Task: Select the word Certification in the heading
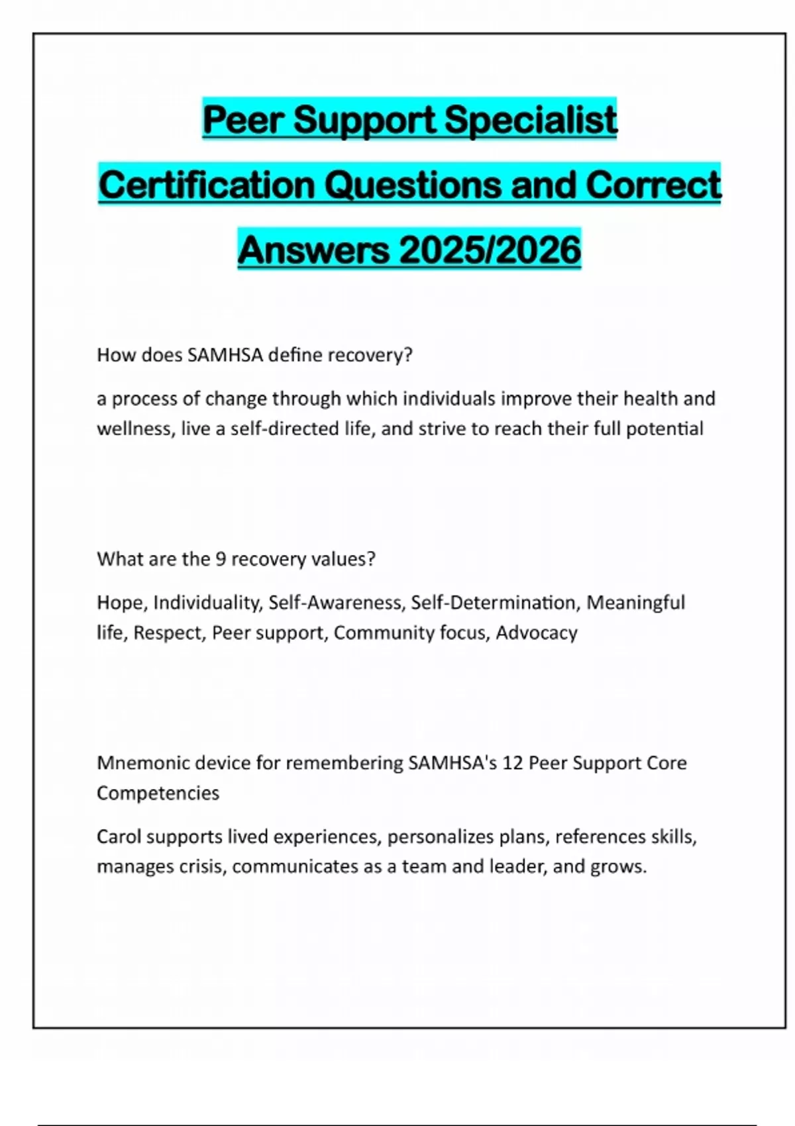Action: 206,185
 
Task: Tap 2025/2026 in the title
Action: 490,250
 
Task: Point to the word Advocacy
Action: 537,633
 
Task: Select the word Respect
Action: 169,633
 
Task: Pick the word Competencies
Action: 158,793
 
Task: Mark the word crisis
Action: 201,866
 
